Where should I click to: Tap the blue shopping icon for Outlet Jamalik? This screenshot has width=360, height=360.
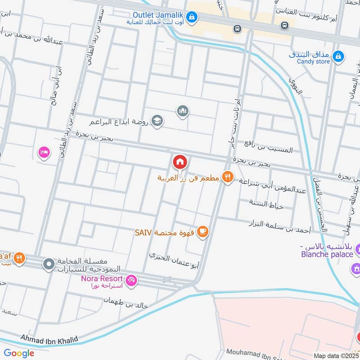192,18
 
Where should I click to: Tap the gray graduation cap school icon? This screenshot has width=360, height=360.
157,121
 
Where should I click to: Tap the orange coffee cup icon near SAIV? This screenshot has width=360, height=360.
203,232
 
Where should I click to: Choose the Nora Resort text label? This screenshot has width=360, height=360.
101,277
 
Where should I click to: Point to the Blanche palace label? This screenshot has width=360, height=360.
327,254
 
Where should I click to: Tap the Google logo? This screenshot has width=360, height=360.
19,353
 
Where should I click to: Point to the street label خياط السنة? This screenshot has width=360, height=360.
266,204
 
